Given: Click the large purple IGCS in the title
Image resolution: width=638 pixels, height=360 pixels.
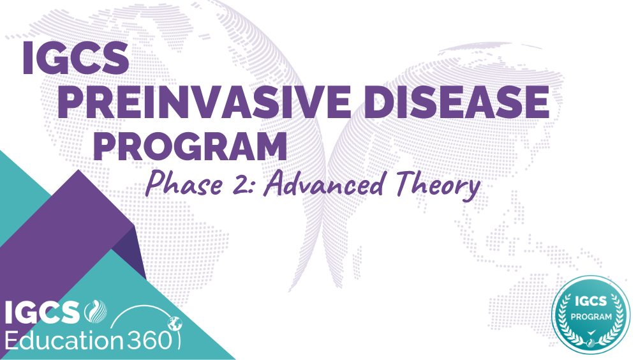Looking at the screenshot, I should (x=75, y=57).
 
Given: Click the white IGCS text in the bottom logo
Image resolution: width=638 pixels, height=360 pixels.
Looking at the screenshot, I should (x=42, y=313).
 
